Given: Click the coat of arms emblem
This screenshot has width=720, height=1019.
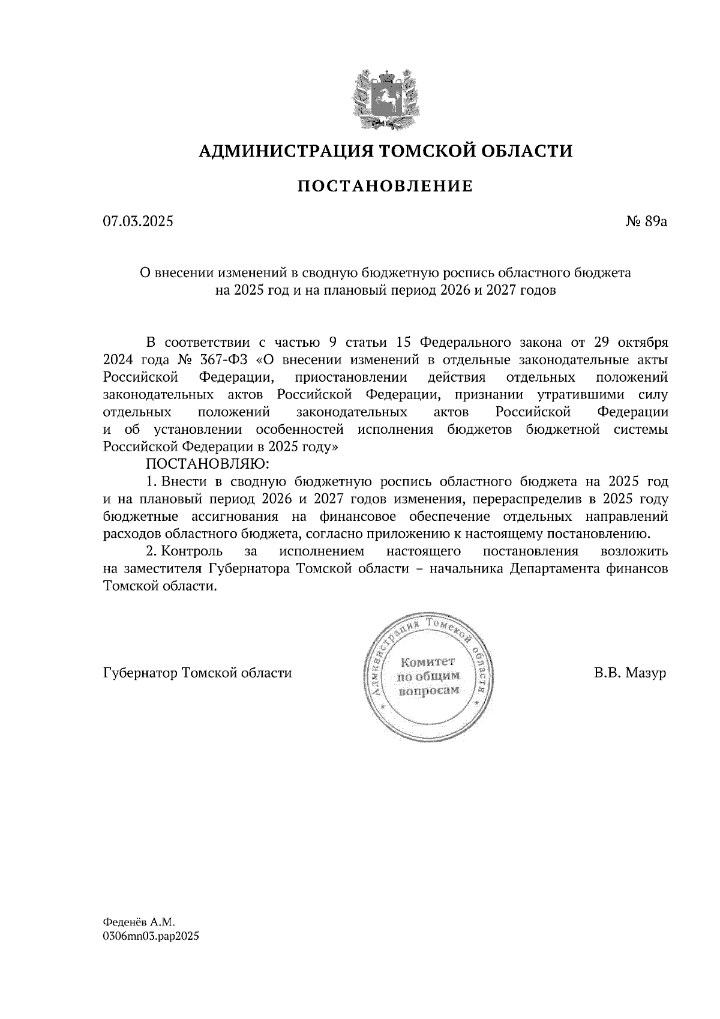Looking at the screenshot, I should click(386, 99).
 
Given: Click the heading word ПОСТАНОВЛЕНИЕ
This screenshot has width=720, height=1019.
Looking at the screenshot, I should click(385, 187).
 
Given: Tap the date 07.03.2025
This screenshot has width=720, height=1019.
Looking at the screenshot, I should click(138, 222).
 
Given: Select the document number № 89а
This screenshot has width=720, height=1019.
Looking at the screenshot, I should click(646, 222).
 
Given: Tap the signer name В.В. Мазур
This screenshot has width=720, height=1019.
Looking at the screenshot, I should click(630, 673).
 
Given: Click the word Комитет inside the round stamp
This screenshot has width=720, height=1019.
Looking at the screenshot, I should click(428, 662).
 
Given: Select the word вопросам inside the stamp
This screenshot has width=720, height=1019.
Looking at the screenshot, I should click(428, 690).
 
